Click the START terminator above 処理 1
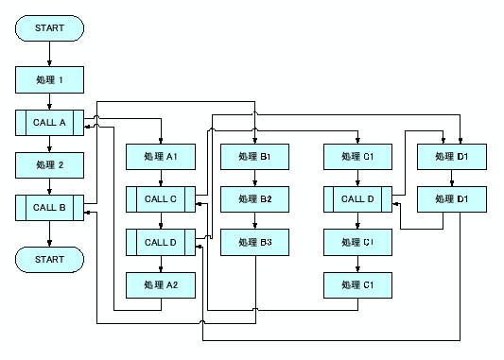click(x=49, y=28)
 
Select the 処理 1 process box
click(x=49, y=79)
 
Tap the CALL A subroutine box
click(x=49, y=123)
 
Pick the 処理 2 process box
click(x=49, y=164)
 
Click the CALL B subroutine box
click(x=49, y=207)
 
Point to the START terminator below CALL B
click(x=49, y=258)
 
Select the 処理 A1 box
click(x=160, y=156)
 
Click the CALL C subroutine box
click(x=160, y=198)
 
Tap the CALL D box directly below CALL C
click(x=160, y=242)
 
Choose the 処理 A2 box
click(x=160, y=284)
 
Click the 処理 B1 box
click(x=254, y=156)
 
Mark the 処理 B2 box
click(x=254, y=198)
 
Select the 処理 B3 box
click(x=254, y=242)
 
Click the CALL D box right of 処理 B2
click(x=358, y=198)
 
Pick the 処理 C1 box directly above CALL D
click(x=358, y=156)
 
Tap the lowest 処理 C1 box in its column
click(x=358, y=284)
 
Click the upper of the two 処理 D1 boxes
click(x=453, y=156)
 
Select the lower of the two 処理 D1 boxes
click(x=453, y=198)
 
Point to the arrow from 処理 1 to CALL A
click(x=49, y=101)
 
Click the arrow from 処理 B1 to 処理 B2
click(x=254, y=178)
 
